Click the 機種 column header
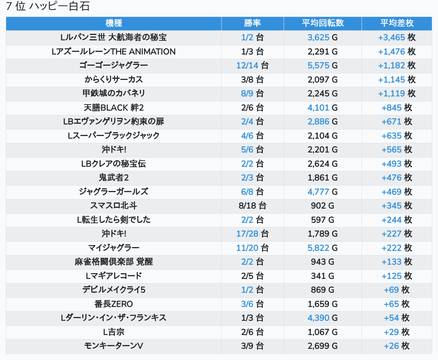point(113,23)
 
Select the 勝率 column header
point(252,23)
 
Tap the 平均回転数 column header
point(322,23)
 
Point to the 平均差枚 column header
point(397,23)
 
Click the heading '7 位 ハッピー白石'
point(48,7)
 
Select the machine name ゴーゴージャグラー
point(113,65)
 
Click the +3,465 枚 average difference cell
point(397,38)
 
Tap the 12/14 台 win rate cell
point(252,65)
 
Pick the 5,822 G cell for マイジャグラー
point(322,248)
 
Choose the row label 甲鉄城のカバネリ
point(113,93)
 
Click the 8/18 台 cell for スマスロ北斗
point(252,206)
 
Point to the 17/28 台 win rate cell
point(252,234)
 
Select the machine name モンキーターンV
point(113,346)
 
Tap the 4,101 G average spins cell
point(322,108)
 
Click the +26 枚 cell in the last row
point(397,346)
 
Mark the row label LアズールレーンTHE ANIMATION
point(113,51)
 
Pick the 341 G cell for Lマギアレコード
point(322,276)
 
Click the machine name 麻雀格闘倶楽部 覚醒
point(113,262)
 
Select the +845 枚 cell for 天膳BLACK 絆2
point(397,108)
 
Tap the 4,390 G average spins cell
point(322,318)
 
